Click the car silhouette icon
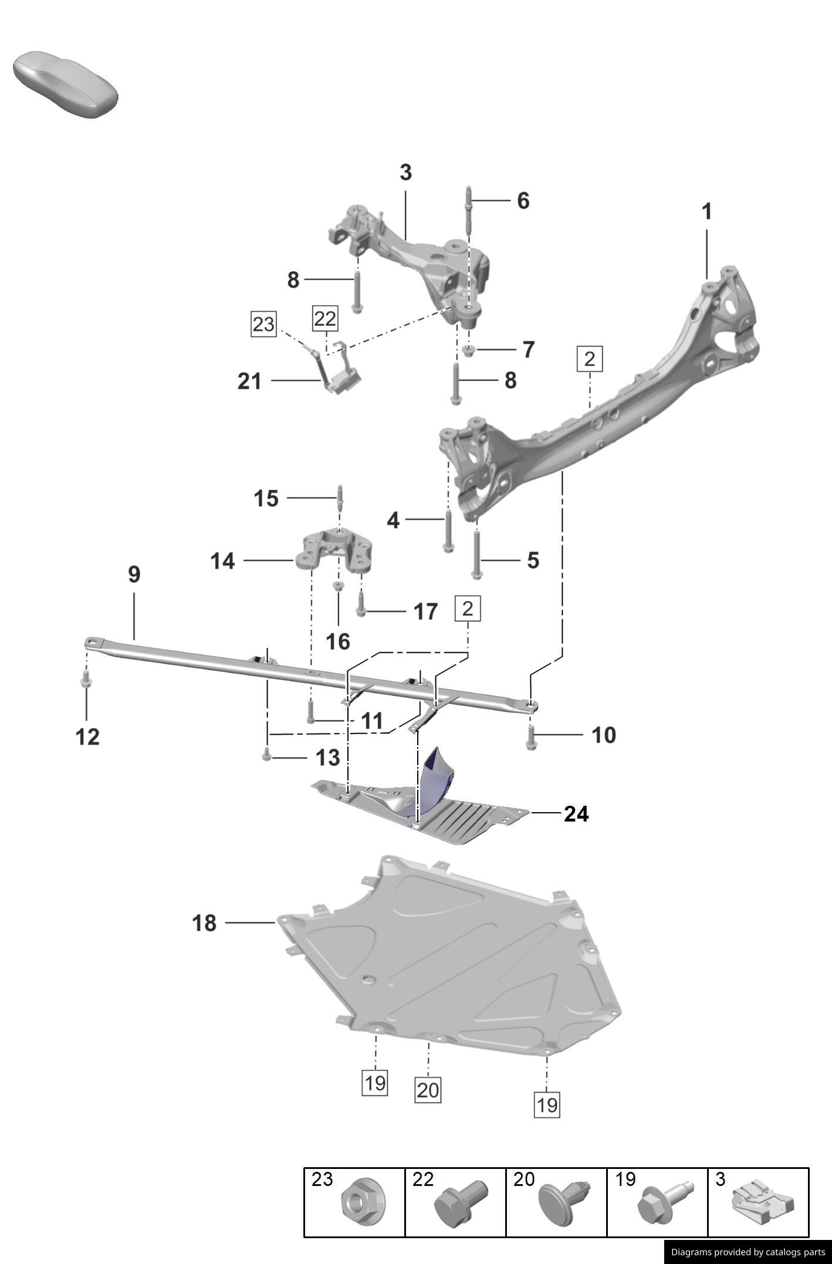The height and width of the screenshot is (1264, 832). (65, 84)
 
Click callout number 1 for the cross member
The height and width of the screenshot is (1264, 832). (706, 212)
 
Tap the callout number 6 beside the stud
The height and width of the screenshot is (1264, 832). (523, 201)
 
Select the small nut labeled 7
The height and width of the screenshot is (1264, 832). (468, 351)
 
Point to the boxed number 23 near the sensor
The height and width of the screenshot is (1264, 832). (263, 324)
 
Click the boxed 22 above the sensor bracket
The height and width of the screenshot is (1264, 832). (325, 319)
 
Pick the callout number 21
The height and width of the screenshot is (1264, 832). (249, 381)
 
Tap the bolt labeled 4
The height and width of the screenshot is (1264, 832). (448, 531)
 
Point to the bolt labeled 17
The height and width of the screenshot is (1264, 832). (361, 604)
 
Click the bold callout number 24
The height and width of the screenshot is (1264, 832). (576, 814)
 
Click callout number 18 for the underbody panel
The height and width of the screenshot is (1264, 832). (204, 923)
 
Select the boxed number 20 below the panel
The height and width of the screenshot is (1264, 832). (427, 1090)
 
